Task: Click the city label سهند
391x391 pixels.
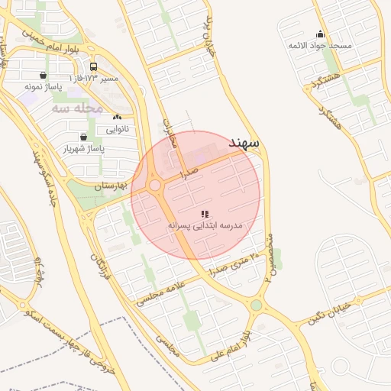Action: [244, 143]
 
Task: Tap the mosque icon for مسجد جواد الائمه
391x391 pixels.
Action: [319, 34]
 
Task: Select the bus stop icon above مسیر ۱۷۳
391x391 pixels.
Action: [93, 66]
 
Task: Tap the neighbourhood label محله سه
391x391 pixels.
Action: [77, 109]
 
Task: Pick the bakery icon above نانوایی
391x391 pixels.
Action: [116, 118]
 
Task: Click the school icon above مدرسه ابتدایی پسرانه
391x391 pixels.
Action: [204, 215]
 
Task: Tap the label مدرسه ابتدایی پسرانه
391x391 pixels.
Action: [205, 226]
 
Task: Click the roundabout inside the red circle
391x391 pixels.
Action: [155, 186]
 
